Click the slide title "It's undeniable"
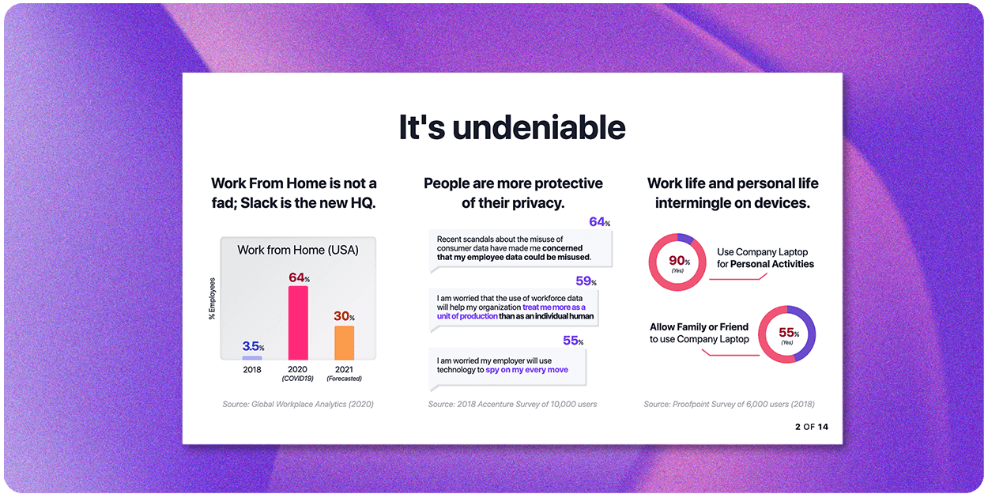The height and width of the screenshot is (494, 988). pos(511,127)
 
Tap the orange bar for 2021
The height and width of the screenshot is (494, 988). pos(344,343)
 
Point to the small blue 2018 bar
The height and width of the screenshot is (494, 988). pos(252,358)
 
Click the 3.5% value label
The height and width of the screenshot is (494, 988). pos(253,346)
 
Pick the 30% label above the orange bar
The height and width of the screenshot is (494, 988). pos(343,316)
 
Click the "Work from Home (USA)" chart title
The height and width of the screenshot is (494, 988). pos(298,250)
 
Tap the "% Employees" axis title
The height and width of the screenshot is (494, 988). pos(212,298)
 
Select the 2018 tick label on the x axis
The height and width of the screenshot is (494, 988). pos(251,369)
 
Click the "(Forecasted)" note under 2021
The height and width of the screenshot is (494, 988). pos(344,379)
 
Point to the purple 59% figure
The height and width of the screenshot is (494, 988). pos(586,281)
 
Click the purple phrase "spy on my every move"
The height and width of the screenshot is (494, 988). pos(526,370)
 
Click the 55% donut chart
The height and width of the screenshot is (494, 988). pos(786,334)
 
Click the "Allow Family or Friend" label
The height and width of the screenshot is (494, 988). pos(699,327)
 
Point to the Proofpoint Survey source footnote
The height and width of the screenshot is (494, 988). pos(729,404)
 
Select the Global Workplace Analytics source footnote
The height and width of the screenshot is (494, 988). pos(298,404)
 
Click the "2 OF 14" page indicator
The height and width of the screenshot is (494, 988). pos(812,427)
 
